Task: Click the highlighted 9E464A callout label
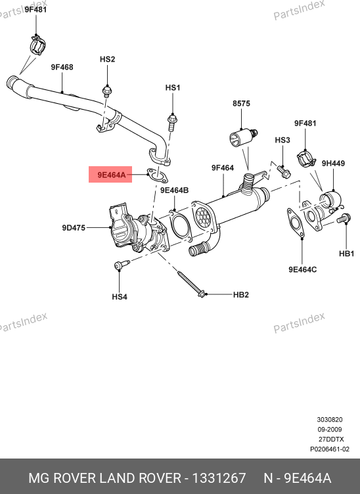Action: click(x=112, y=175)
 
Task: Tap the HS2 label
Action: click(x=107, y=59)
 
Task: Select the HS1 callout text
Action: click(x=173, y=87)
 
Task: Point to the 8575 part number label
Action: click(x=241, y=103)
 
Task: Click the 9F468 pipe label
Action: click(x=62, y=67)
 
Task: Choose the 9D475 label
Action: click(x=74, y=227)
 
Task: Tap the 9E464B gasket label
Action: click(x=175, y=191)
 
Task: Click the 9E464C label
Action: click(x=303, y=270)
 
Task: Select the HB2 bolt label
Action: click(x=241, y=294)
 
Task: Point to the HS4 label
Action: click(x=120, y=297)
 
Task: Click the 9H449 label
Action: click(x=333, y=163)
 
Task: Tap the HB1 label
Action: click(x=346, y=254)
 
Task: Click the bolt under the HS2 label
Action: click(x=107, y=91)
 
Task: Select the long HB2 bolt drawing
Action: click(x=192, y=284)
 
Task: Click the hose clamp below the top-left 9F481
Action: click(x=38, y=45)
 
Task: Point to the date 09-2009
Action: click(x=329, y=430)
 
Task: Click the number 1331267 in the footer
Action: click(x=219, y=478)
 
